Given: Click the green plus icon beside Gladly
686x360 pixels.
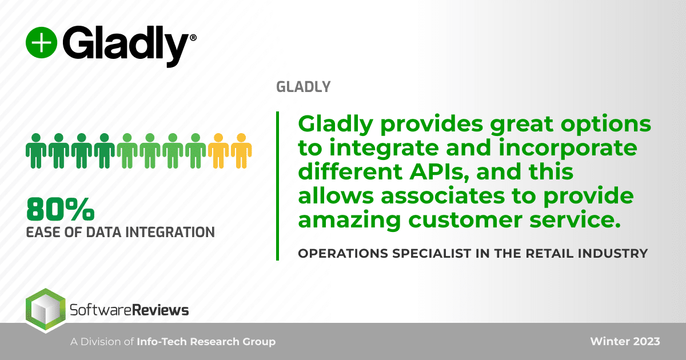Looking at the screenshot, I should pos(41,42).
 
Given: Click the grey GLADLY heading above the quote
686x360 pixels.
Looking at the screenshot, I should pos(303,87).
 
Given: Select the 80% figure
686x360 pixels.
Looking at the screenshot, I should pos(60,210).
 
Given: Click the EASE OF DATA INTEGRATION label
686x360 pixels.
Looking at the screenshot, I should pos(121,232).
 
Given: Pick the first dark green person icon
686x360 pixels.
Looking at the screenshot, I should pos(35,151).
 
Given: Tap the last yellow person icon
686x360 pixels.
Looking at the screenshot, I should pos(241,151).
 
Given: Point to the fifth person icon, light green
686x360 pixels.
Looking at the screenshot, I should pos(127,151).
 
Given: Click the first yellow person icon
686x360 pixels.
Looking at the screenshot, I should pos(218,151).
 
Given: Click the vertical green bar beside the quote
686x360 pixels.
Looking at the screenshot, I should pos(278,186).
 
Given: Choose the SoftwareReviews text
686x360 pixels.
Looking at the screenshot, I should pos(129,310).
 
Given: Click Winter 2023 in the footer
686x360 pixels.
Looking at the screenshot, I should pos(625,342).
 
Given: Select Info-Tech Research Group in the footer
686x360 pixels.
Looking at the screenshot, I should pos(206,342).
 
